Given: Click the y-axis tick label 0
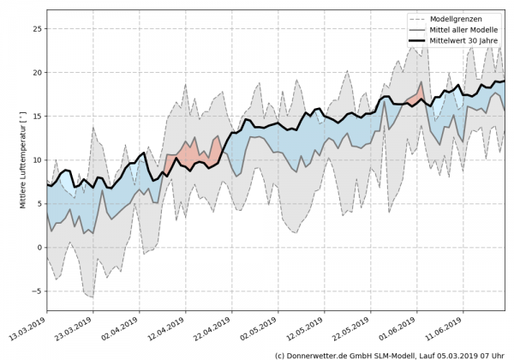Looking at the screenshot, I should pos(39,247).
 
